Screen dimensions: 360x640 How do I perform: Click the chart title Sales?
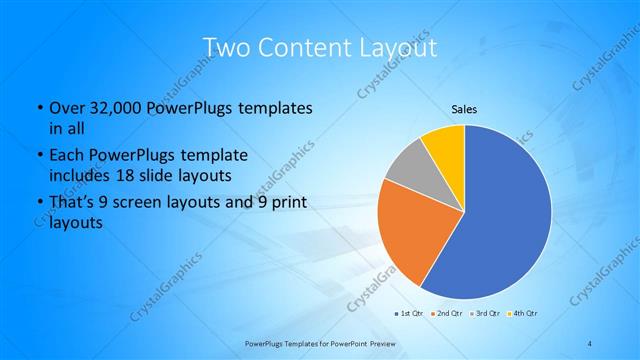[464, 109]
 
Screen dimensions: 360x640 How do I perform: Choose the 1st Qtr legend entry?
[410, 313]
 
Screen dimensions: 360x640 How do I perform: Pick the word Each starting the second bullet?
[65, 156]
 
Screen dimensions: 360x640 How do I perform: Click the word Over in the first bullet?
[65, 108]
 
